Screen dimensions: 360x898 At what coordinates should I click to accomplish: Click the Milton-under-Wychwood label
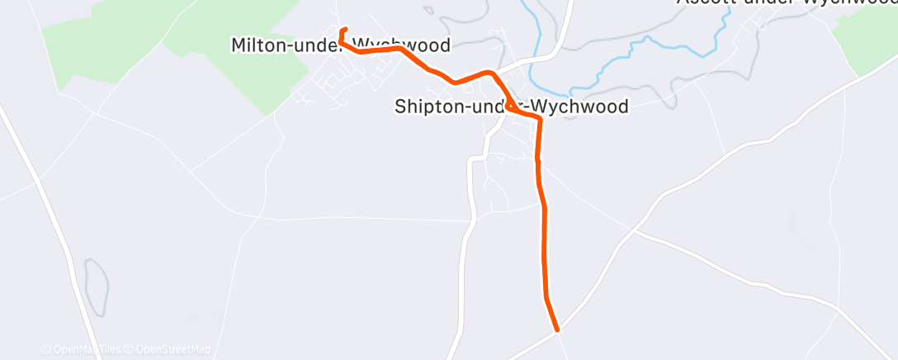[x=341, y=45]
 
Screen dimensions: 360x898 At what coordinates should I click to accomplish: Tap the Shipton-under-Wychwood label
[x=512, y=107]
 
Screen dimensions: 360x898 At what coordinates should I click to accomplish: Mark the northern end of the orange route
[x=344, y=30]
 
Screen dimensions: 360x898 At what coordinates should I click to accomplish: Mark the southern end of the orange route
[x=558, y=329]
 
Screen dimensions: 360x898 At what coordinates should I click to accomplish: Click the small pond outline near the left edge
[x=95, y=286]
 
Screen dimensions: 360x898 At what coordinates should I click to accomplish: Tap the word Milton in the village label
[x=258, y=45]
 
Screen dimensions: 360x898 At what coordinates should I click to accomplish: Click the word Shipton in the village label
[x=423, y=107]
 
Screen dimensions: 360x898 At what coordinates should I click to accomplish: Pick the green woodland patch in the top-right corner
[x=867, y=37]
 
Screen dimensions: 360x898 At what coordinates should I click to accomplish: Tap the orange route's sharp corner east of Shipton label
[x=540, y=119]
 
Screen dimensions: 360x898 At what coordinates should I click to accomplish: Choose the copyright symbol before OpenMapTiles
[x=45, y=350]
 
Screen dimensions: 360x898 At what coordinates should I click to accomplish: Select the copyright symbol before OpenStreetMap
[x=130, y=350]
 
